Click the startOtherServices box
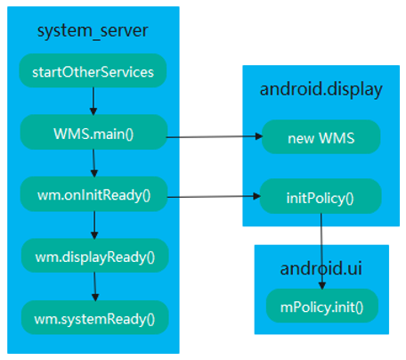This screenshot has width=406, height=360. (93, 71)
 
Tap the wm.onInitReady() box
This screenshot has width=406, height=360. (93, 194)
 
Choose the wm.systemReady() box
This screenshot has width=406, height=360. (93, 315)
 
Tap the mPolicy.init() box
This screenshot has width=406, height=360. (321, 306)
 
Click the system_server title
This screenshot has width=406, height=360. (93, 32)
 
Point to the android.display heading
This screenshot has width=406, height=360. (321, 89)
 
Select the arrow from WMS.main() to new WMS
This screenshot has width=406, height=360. (214, 137)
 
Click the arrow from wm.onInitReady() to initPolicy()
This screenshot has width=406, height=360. (214, 195)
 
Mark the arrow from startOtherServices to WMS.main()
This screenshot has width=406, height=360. (93, 101)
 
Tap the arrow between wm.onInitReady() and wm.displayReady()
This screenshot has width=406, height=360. (93, 225)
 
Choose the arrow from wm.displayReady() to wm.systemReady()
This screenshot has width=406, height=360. (93, 286)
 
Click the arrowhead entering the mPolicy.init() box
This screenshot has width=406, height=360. (321, 286)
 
